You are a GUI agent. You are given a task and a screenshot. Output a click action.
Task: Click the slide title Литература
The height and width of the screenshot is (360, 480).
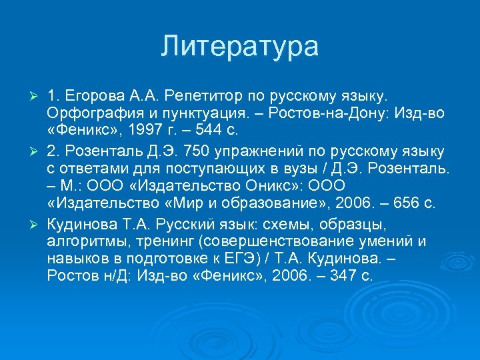(x=240, y=47)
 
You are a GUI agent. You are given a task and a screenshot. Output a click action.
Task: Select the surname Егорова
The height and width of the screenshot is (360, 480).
(x=89, y=90)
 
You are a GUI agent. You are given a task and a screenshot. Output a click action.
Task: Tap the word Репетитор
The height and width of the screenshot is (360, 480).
(x=198, y=90)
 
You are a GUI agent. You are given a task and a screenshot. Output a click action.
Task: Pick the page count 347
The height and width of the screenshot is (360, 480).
(x=337, y=275)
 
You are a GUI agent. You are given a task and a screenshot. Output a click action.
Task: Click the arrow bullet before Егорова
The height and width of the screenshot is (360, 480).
(x=37, y=90)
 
